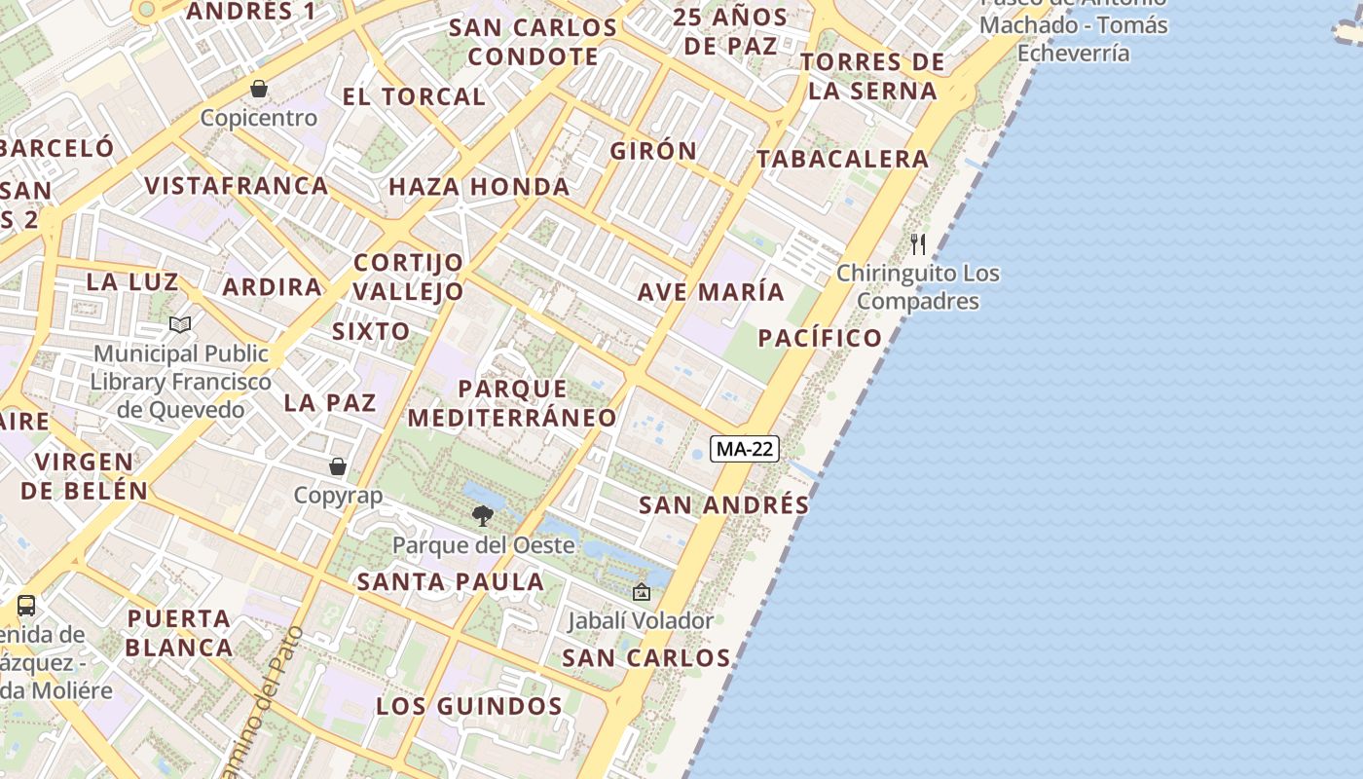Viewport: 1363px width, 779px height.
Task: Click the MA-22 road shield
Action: pyautogui.click(x=745, y=449)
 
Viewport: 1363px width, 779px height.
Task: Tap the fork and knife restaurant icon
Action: pyautogui.click(x=918, y=243)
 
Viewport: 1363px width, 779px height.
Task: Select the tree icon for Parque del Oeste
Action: pyautogui.click(x=482, y=515)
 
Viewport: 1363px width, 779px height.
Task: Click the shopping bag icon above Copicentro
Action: pyautogui.click(x=259, y=89)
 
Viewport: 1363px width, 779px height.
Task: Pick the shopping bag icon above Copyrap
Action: pyautogui.click(x=338, y=466)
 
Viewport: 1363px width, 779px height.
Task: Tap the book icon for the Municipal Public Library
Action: pyautogui.click(x=180, y=324)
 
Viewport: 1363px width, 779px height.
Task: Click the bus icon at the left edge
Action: pyautogui.click(x=26, y=605)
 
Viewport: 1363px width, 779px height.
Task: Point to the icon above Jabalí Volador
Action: pyautogui.click(x=642, y=591)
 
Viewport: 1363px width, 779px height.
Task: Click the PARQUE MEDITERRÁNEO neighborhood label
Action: pyautogui.click(x=512, y=403)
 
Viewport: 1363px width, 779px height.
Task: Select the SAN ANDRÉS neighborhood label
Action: pyautogui.click(x=723, y=504)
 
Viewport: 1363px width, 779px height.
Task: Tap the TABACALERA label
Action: pyautogui.click(x=842, y=159)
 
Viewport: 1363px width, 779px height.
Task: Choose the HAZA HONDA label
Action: pyautogui.click(x=479, y=186)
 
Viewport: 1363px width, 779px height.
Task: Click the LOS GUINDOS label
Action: pyautogui.click(x=469, y=706)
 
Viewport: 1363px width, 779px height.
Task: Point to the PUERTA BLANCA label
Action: pyautogui.click(x=179, y=633)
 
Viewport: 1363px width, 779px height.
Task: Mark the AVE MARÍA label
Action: pyautogui.click(x=711, y=291)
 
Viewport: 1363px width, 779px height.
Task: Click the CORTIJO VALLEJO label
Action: pyautogui.click(x=409, y=277)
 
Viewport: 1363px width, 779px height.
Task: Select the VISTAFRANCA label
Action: pyautogui.click(x=236, y=185)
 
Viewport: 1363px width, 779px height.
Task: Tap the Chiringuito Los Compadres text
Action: pyautogui.click(x=918, y=287)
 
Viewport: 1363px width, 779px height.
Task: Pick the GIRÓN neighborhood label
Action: pyautogui.click(x=653, y=151)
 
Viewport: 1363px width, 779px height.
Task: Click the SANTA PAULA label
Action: pyautogui.click(x=451, y=581)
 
